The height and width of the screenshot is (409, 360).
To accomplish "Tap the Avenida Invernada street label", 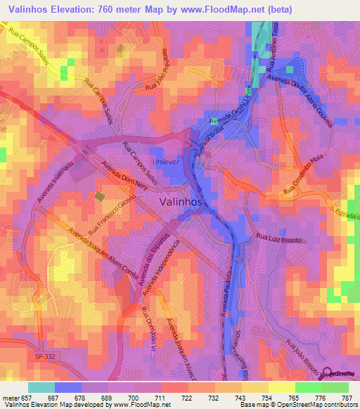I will coord(55,188).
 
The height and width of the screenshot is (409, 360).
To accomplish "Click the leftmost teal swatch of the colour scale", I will coord(41,387).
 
